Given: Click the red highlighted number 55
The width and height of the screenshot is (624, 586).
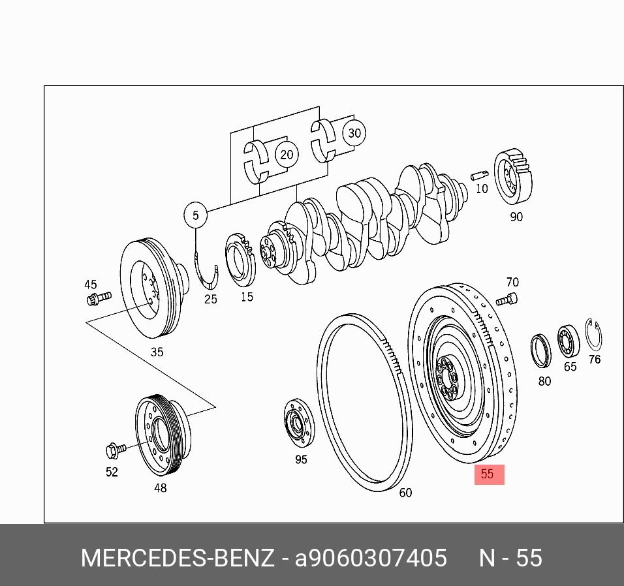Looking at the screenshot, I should click(488, 474).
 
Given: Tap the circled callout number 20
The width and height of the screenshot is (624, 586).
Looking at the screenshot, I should click(287, 155).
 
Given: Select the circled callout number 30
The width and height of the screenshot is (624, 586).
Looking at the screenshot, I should click(354, 134).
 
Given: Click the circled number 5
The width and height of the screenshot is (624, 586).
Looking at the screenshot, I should click(195, 215).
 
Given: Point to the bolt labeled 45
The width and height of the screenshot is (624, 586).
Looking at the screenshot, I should click(98, 298).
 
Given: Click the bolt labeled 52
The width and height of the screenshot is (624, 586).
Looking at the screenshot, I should click(115, 450).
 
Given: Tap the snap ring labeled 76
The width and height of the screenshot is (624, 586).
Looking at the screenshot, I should click(593, 335).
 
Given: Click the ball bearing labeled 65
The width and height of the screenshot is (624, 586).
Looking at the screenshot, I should click(569, 341).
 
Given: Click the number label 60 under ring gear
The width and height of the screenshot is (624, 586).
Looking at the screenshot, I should click(405, 493).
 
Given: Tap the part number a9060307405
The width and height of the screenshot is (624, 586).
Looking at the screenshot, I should click(371, 558).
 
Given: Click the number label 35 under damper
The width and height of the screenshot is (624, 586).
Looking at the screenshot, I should click(157, 352).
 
